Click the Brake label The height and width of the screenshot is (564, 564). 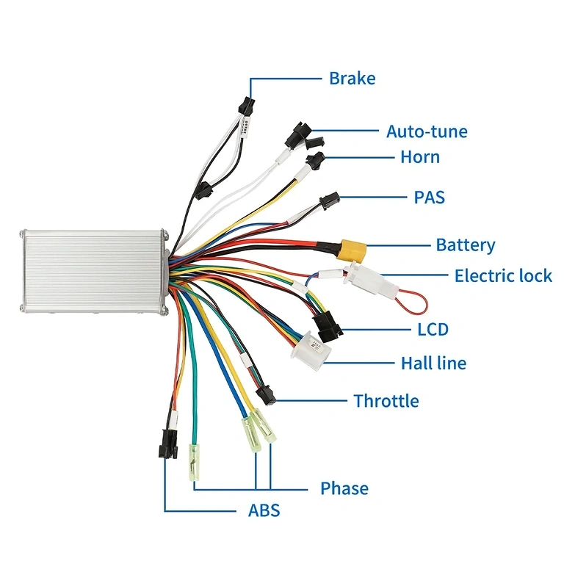point(352,79)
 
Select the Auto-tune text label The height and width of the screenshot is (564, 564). point(427,132)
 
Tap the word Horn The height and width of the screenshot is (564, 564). point(420,157)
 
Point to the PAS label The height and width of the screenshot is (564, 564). point(429,198)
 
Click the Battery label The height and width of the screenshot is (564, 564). point(465,245)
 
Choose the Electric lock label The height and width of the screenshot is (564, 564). point(503,276)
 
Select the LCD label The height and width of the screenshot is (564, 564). point(433,330)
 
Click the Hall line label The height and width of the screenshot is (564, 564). point(433,364)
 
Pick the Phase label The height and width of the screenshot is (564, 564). point(344,488)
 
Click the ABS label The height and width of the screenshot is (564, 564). point(264,510)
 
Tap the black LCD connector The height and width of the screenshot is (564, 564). point(325,324)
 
